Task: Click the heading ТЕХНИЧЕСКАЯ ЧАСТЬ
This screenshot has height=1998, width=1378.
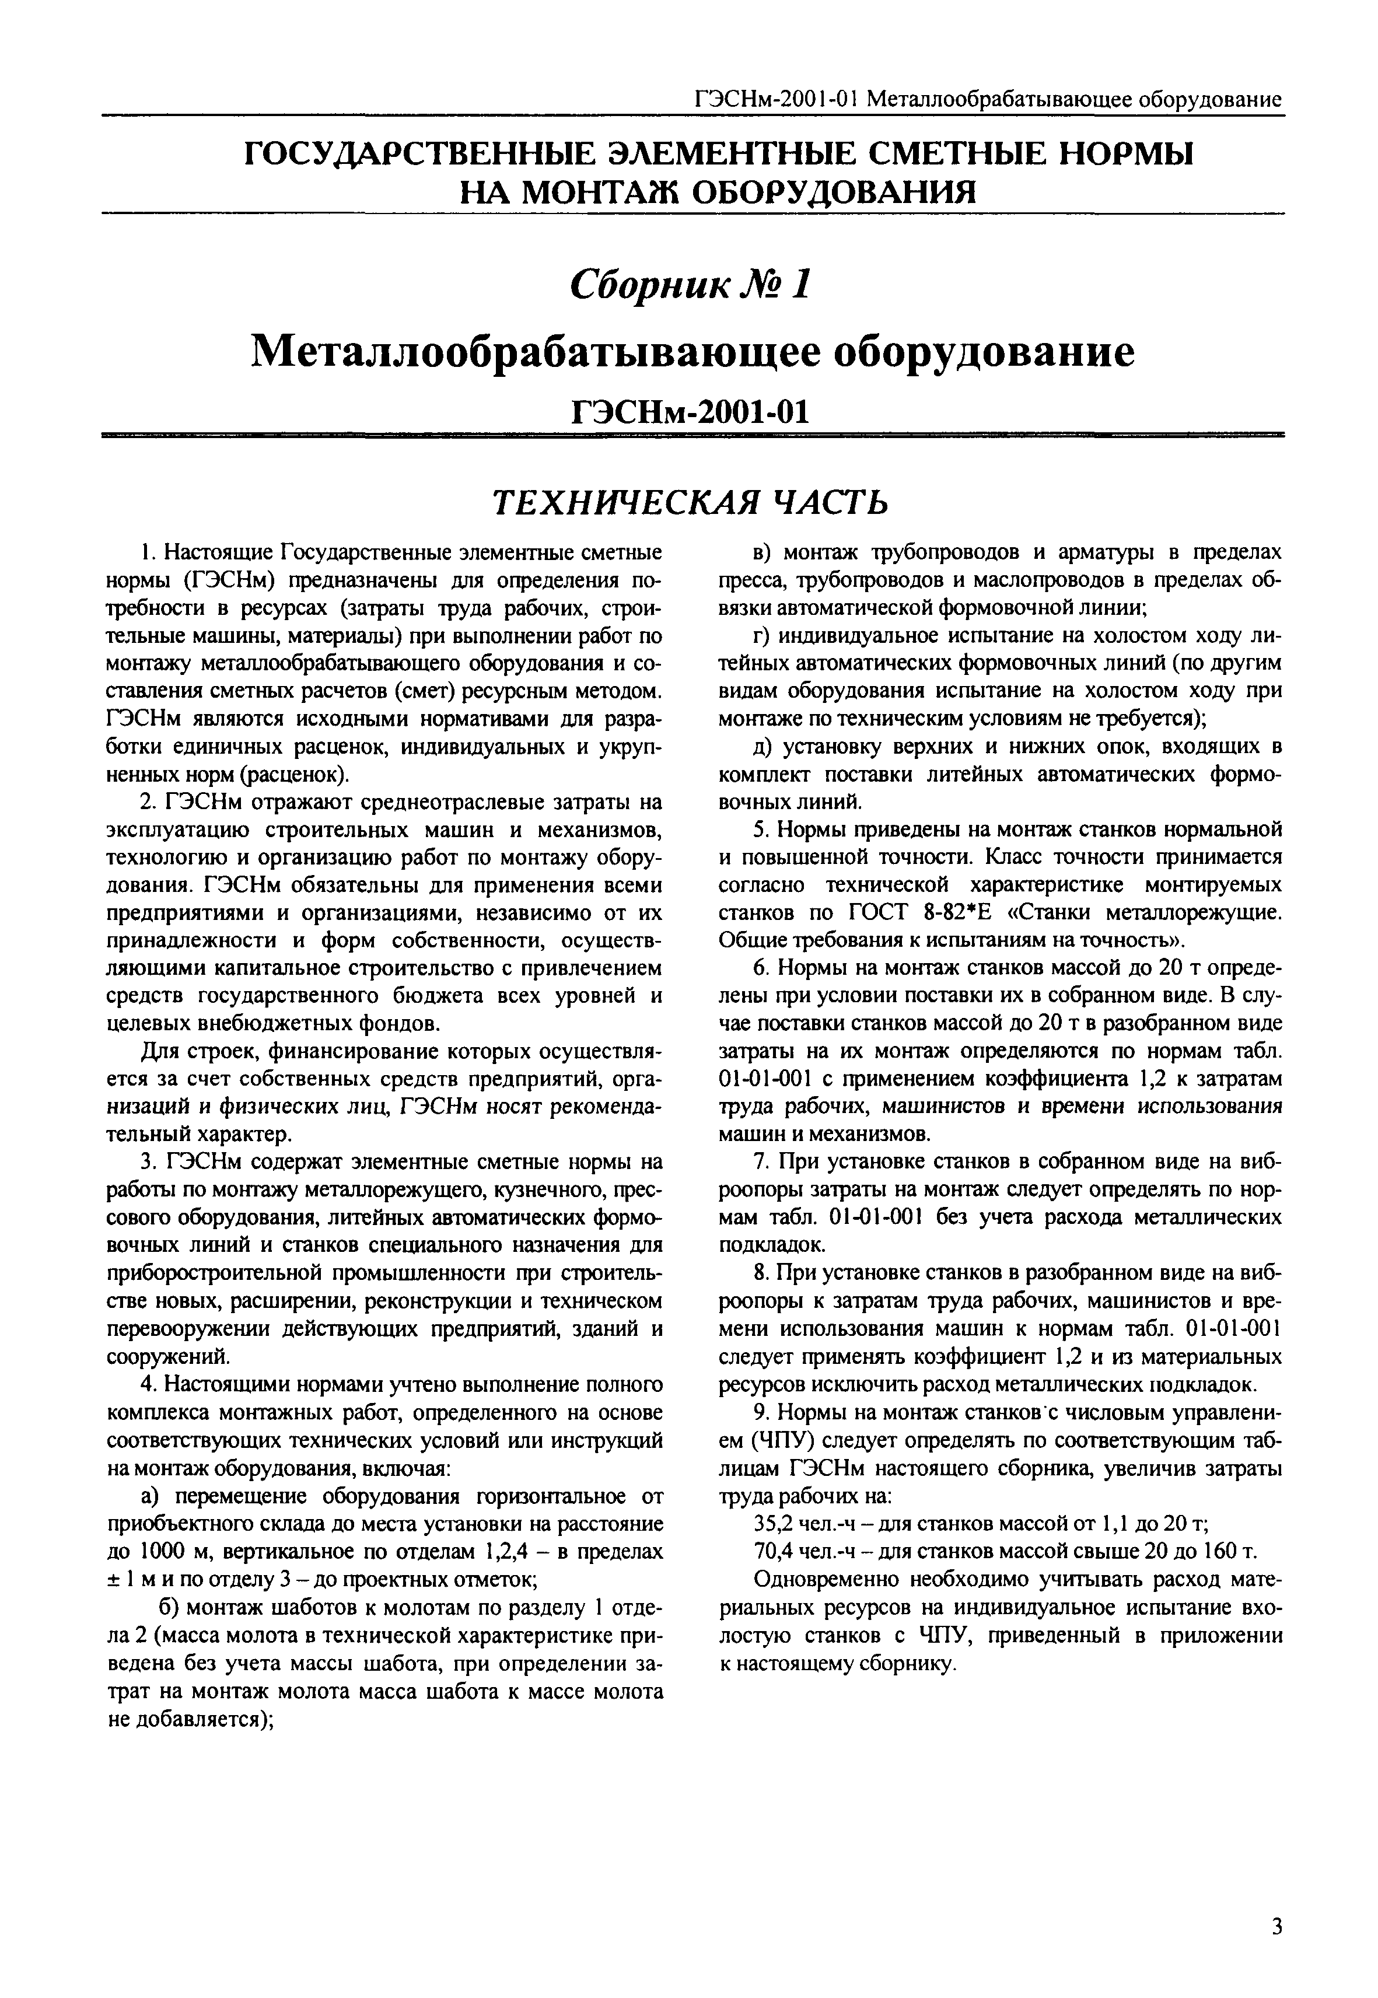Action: tap(689, 502)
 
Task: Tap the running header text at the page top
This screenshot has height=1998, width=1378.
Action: tap(987, 99)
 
